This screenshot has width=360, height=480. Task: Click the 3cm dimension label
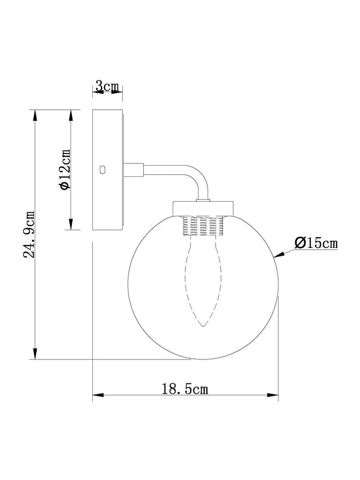click(107, 87)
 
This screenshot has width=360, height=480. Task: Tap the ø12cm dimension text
click(66, 169)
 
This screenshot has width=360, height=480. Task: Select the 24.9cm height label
click(30, 234)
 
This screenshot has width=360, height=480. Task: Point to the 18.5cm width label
click(184, 389)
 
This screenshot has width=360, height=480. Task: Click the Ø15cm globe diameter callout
click(316, 243)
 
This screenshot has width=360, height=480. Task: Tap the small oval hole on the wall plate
click(103, 169)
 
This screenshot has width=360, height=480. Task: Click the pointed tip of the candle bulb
click(202, 326)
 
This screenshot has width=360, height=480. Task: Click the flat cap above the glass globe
click(203, 209)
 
